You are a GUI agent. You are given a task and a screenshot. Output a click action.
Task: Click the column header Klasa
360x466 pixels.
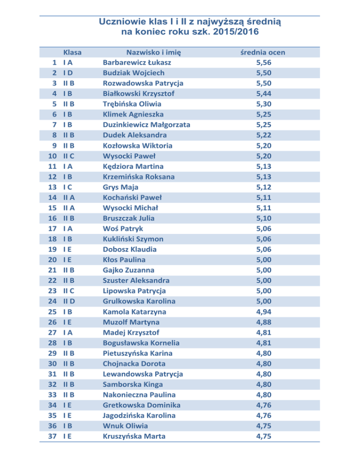73,52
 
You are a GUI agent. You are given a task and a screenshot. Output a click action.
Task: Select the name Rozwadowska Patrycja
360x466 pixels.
143,83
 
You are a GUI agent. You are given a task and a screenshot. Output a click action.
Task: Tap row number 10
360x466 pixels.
53,156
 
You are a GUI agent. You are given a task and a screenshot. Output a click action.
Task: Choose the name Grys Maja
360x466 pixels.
120,187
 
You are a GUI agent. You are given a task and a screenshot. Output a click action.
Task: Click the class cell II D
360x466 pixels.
70,301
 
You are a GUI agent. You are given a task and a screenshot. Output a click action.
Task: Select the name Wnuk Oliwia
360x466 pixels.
125,426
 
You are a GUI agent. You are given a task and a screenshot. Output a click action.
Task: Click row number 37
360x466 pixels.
53,436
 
